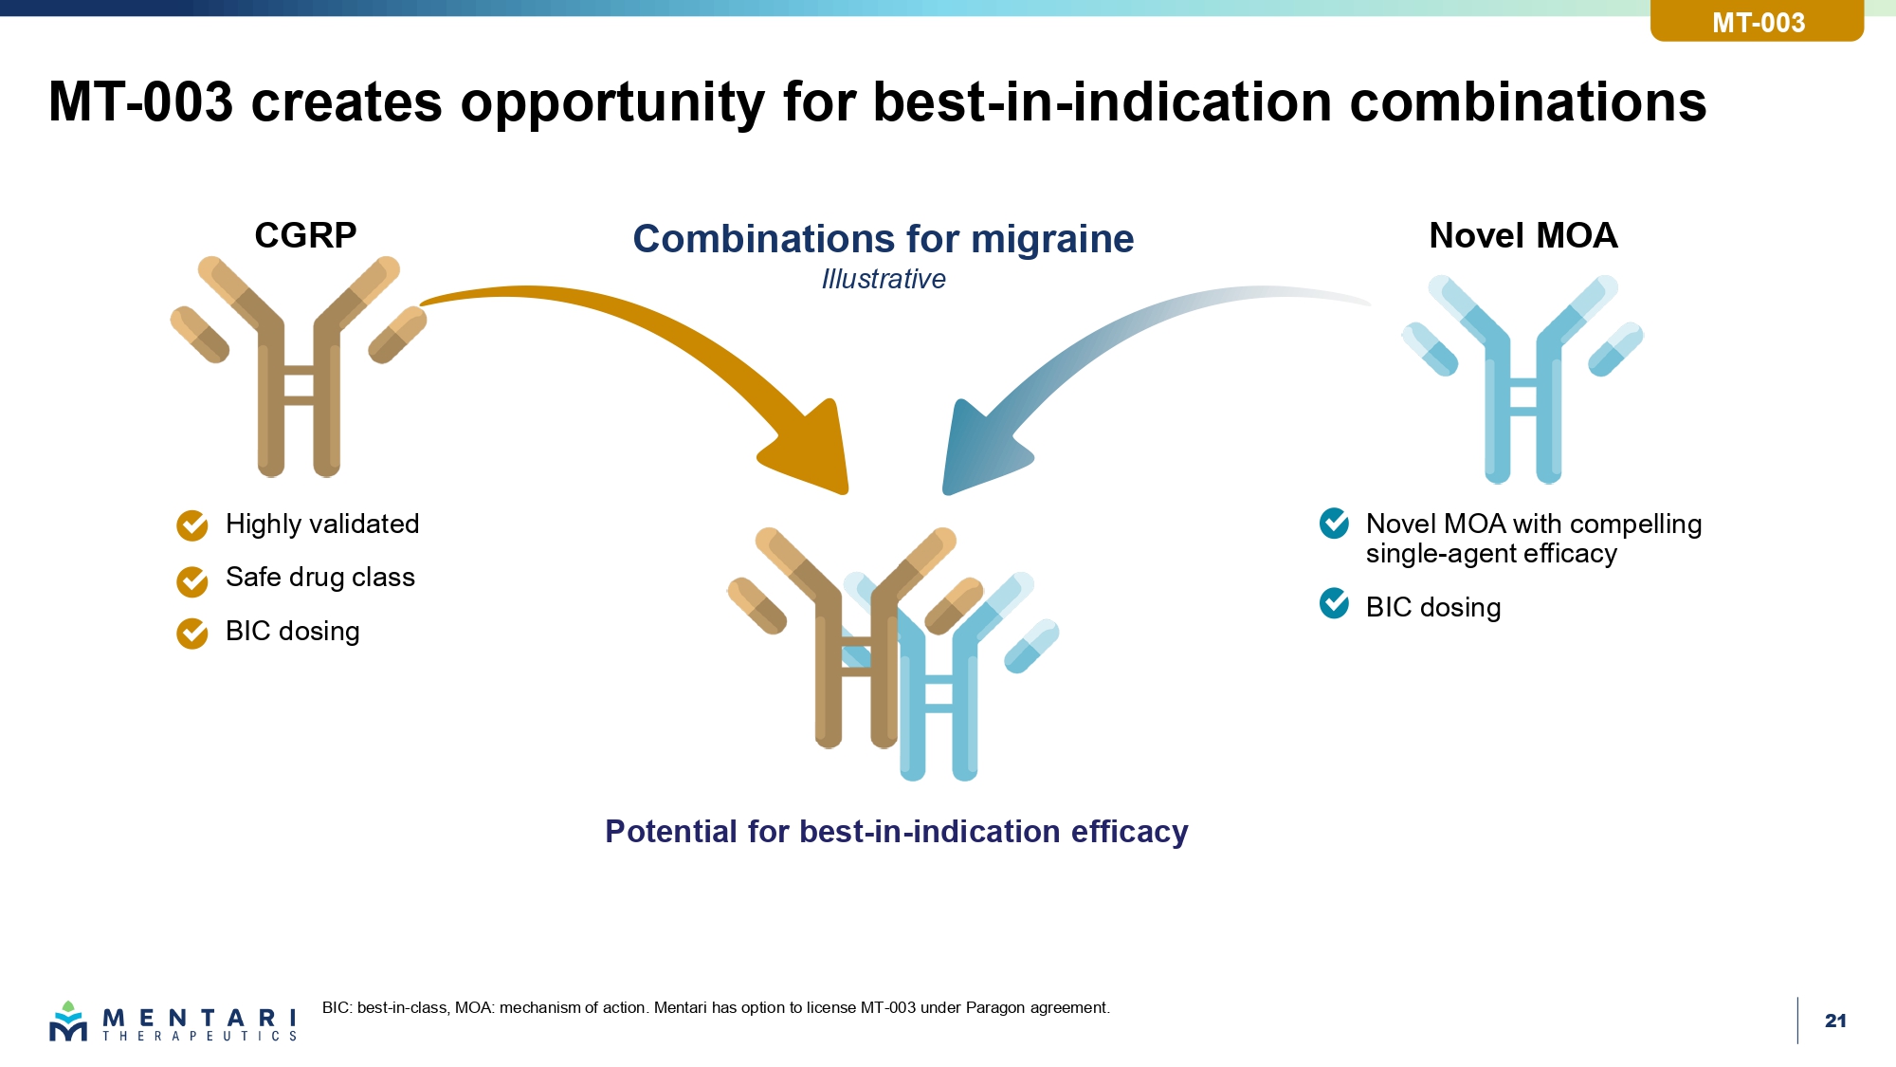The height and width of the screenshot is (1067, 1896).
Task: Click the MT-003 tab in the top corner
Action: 1758,21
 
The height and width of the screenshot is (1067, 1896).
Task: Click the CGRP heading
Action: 305,235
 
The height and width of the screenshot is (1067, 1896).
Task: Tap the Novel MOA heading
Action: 1522,235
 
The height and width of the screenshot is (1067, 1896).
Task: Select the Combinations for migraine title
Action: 883,239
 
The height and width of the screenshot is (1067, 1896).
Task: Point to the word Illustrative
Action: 883,279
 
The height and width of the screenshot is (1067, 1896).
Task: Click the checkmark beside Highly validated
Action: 192,524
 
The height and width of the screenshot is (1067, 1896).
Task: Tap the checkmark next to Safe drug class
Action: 192,581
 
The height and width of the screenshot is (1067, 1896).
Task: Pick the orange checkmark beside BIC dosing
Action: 192,634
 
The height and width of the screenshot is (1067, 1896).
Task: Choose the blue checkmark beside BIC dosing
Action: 1334,603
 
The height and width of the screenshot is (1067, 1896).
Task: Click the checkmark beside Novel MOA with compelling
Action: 1334,523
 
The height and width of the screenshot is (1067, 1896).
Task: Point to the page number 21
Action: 1835,1021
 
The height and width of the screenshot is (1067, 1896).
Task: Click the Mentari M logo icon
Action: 68,1021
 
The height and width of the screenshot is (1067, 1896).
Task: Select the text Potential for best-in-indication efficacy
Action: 896,832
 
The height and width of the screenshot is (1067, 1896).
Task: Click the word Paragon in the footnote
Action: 994,1007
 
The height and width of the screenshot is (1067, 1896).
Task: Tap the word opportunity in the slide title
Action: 612,102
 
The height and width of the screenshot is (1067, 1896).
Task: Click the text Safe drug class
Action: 320,578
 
